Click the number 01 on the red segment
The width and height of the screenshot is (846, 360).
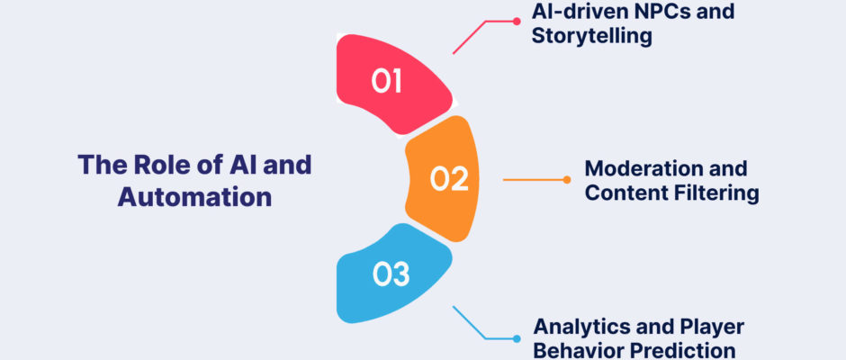[x=386, y=81]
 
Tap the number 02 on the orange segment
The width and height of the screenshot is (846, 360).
[x=449, y=179]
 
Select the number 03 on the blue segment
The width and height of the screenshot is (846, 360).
[x=391, y=274]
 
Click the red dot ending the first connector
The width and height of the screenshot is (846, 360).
[x=517, y=22]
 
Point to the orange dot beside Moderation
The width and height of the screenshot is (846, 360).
[x=566, y=180]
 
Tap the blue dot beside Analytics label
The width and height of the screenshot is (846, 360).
[x=517, y=339]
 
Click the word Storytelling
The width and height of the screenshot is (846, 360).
[x=592, y=37]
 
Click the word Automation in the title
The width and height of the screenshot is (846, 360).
[x=194, y=197]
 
